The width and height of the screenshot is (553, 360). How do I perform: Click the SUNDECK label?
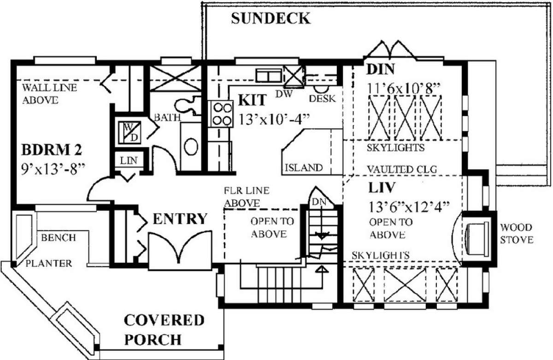(271, 18)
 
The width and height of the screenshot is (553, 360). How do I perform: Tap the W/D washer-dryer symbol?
(129, 133)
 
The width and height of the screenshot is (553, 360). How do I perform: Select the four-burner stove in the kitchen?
(222, 114)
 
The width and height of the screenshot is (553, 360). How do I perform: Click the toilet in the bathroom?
(188, 106)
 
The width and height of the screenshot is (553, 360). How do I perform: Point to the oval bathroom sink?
(191, 147)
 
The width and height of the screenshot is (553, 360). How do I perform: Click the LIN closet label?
(129, 161)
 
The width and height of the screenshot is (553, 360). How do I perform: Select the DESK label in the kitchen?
(323, 99)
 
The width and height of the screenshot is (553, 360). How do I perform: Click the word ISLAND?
(304, 168)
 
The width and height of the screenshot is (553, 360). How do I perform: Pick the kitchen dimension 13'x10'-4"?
(274, 119)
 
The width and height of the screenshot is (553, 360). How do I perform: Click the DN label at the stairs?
(319, 202)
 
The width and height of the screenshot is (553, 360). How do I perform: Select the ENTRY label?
(180, 219)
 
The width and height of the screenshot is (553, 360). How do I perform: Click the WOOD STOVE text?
(517, 234)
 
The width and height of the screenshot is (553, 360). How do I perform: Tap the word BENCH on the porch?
(59, 238)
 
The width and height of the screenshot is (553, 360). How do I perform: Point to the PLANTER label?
(49, 264)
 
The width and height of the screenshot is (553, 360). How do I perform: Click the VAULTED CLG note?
(402, 169)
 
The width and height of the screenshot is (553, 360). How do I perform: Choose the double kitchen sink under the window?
(269, 76)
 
